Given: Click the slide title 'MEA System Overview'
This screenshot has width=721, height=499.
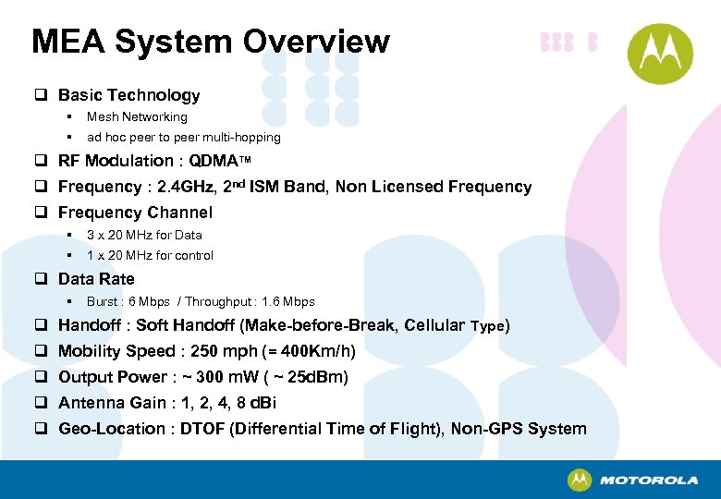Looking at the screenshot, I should coord(211,42).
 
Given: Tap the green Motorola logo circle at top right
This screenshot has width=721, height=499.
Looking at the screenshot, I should coord(661,54).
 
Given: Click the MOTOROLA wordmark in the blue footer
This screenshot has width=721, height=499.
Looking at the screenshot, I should coord(648,481).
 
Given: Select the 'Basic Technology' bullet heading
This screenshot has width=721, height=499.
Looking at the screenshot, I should coord(128,95).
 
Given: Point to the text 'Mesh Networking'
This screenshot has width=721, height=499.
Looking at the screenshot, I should coord(137,117).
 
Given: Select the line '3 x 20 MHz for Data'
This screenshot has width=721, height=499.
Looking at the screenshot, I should coord(144,235).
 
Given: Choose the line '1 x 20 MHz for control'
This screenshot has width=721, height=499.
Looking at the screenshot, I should coord(150,255).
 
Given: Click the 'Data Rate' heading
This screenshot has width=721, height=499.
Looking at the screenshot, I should coord(96,279).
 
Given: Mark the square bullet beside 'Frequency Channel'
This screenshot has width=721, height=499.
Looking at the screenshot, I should coord(42,213).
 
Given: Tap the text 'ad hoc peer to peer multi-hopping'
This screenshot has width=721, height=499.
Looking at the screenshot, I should coord(183,138).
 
